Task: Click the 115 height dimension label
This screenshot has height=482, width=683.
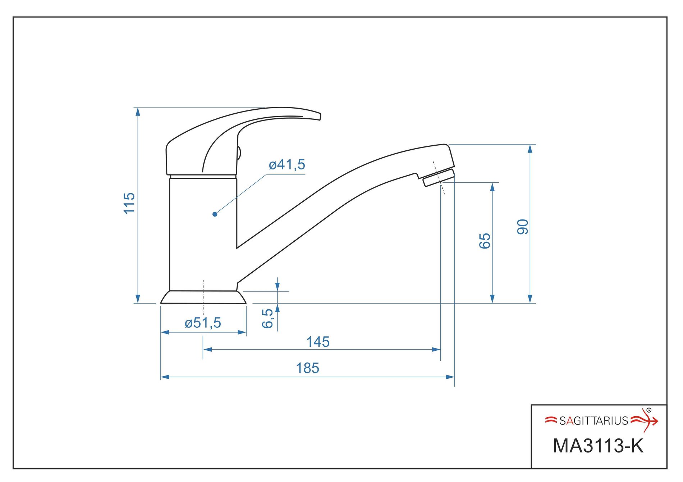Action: pyautogui.click(x=129, y=203)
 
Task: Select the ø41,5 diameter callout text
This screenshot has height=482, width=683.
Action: pyautogui.click(x=287, y=165)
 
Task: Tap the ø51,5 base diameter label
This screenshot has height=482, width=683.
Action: pyautogui.click(x=203, y=323)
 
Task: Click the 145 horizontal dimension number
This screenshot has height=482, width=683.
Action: pyautogui.click(x=318, y=342)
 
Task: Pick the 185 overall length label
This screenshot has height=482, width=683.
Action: pyautogui.click(x=307, y=368)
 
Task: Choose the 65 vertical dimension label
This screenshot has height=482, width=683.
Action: pyautogui.click(x=485, y=241)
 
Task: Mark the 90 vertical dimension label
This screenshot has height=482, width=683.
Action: pyautogui.click(x=523, y=227)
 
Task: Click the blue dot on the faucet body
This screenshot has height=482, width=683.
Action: pyautogui.click(x=215, y=214)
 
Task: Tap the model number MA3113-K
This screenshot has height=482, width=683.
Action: pyautogui.click(x=598, y=446)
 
